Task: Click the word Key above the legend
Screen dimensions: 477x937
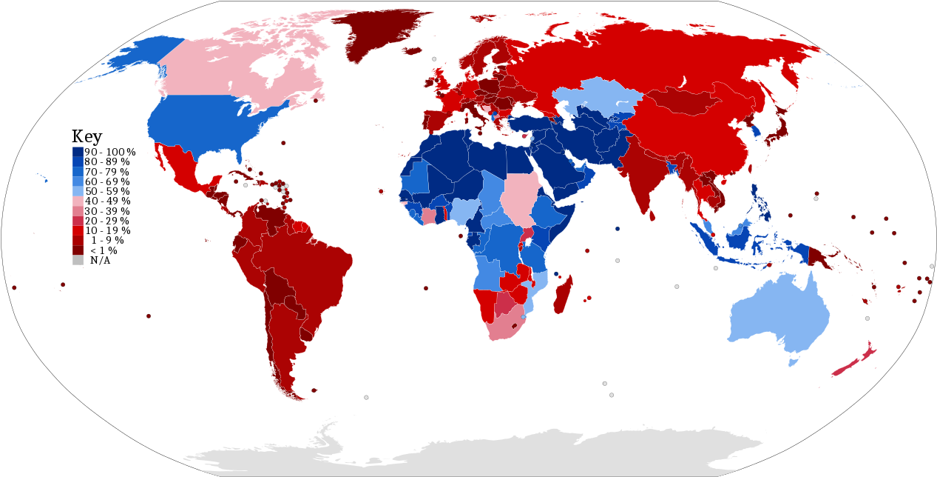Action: [x=87, y=136]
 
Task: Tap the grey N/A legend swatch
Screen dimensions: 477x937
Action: [x=78, y=260]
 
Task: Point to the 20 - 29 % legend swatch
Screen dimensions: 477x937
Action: [x=78, y=221]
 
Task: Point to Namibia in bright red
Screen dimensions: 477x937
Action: [x=484, y=304]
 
